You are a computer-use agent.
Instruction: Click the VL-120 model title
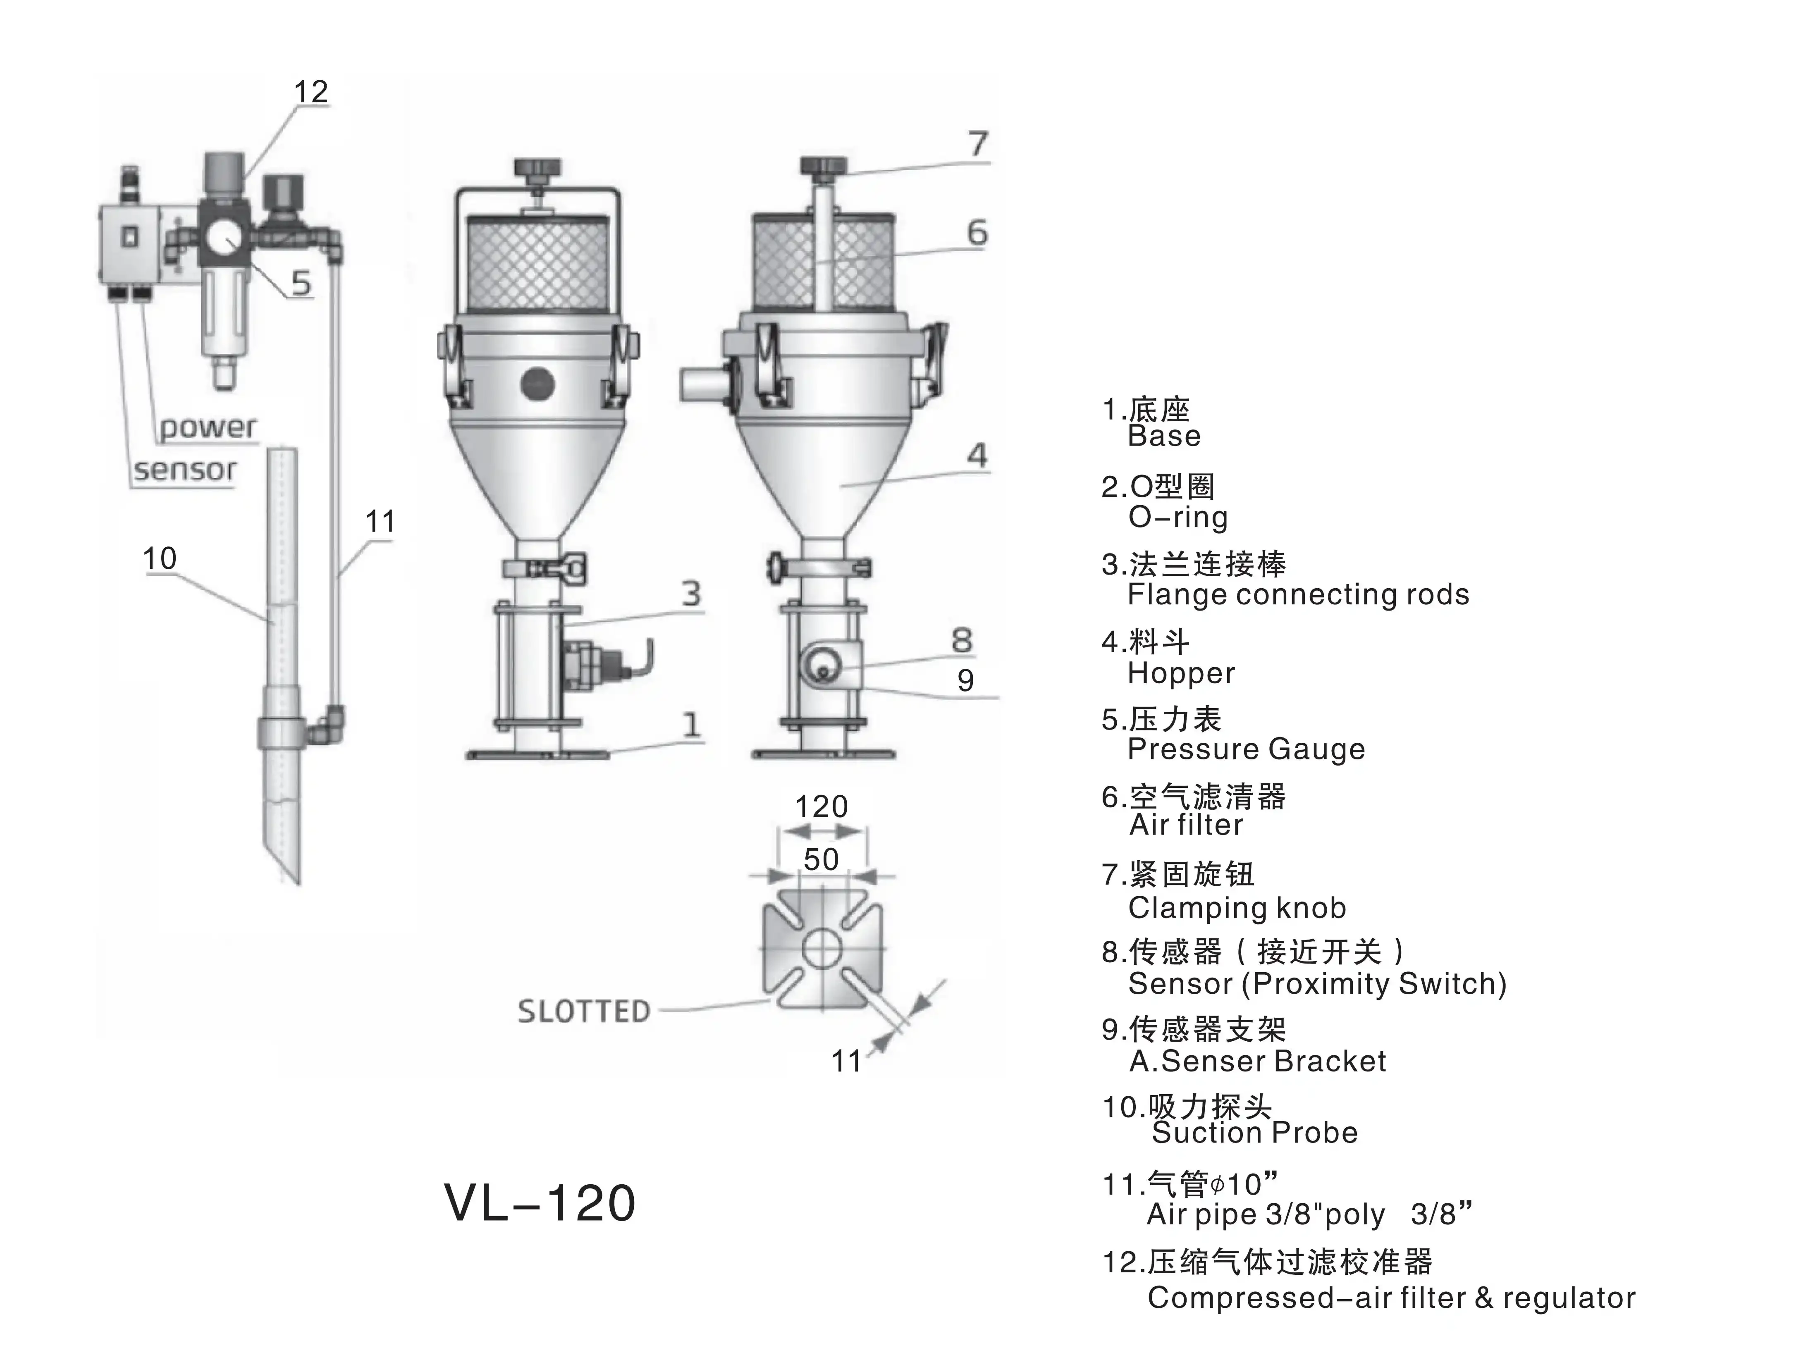540,1203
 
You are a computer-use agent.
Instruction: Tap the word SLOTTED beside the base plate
584,1012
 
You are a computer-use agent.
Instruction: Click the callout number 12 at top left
310,91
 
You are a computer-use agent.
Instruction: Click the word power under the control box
208,427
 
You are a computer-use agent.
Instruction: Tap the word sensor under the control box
185,470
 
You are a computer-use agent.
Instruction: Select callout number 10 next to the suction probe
160,559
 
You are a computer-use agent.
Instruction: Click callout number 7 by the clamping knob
978,145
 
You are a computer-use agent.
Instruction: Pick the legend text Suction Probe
1255,1133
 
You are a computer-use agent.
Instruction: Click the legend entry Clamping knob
1237,908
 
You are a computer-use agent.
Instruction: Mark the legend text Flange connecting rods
1298,595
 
